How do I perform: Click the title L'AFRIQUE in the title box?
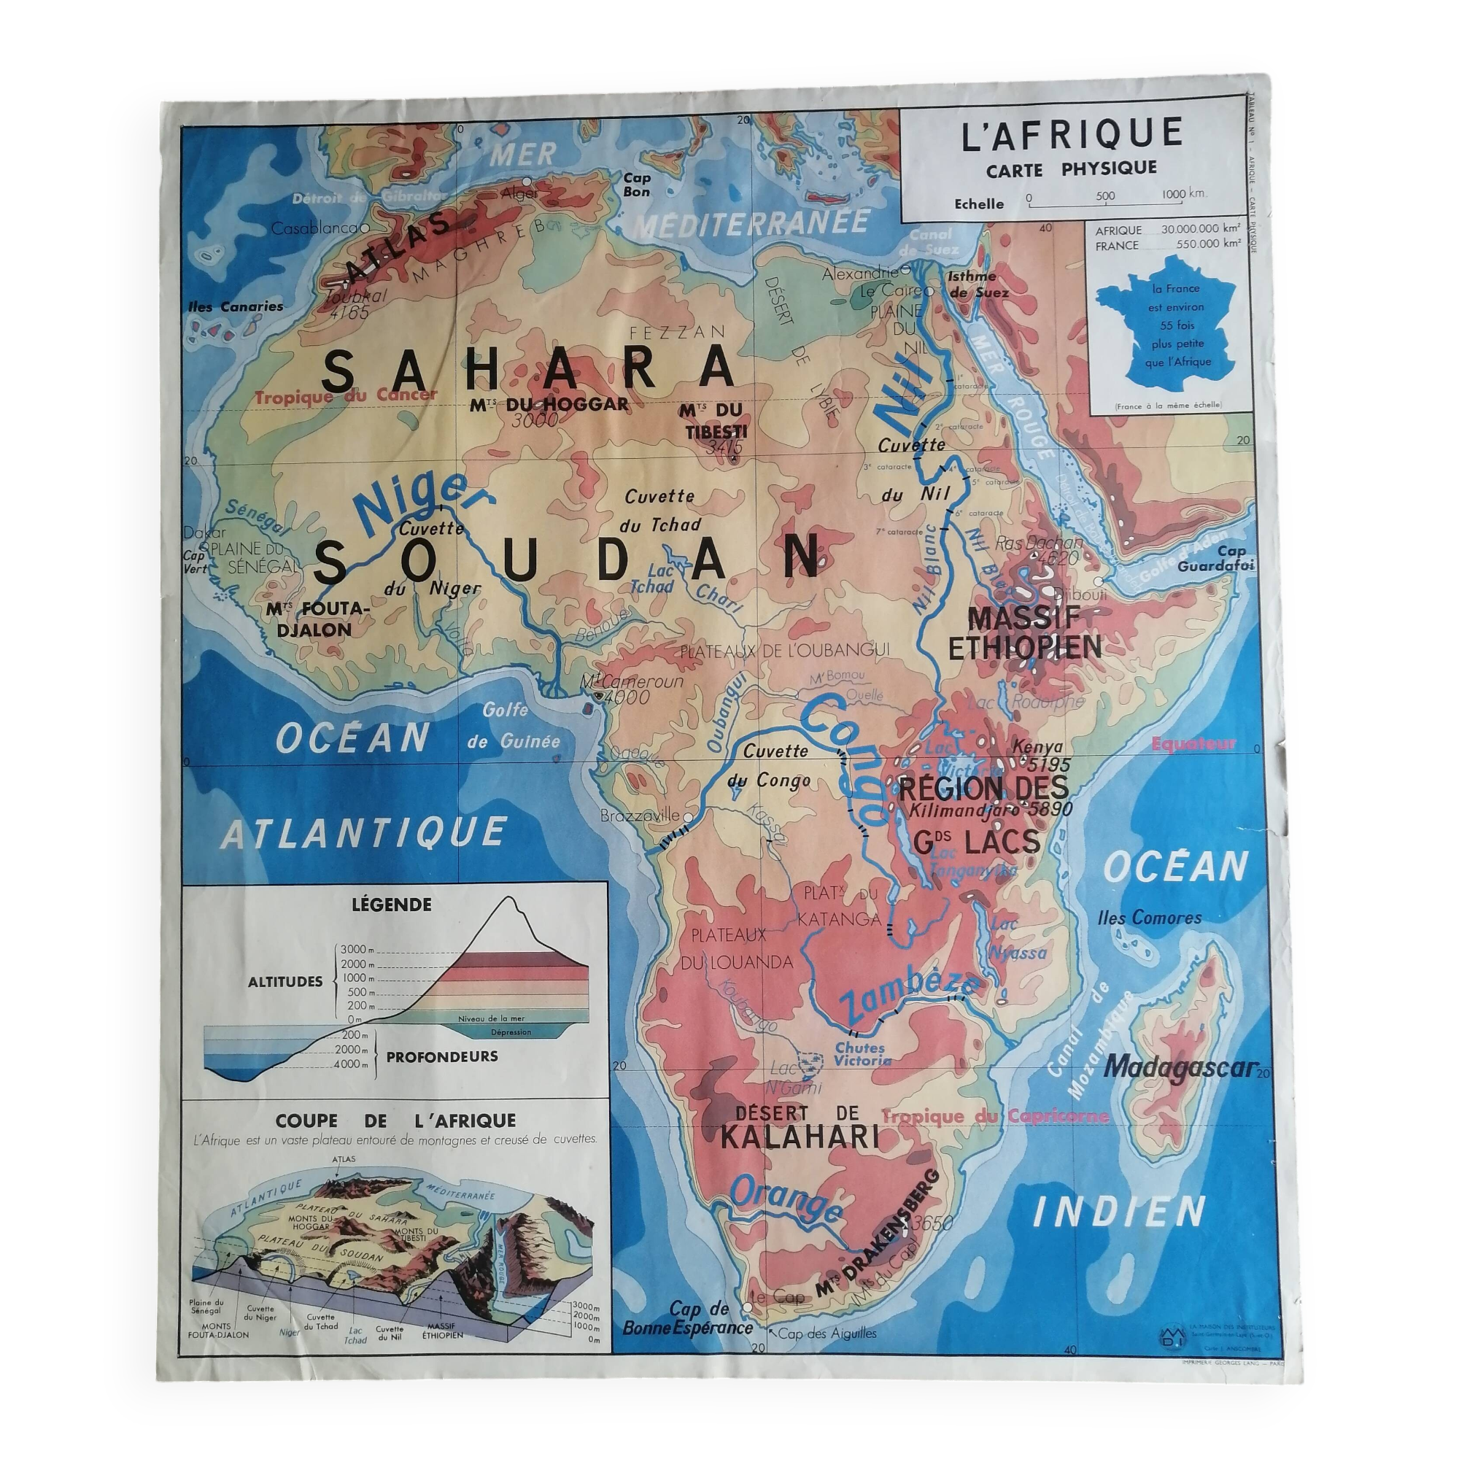coord(1072,133)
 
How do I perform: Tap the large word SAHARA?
coord(529,369)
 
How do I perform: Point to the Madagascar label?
coord(1180,1067)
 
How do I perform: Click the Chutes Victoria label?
coord(860,1053)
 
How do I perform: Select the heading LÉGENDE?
coord(391,904)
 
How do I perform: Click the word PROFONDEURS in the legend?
coord(442,1056)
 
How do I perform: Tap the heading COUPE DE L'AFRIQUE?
coord(395,1121)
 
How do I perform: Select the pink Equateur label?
coord(1193,743)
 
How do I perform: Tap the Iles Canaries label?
coord(236,306)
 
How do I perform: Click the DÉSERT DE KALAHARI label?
coord(799,1125)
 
